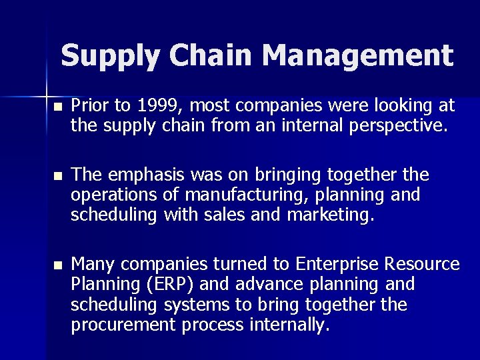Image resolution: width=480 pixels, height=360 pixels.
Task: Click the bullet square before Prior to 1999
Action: tap(58, 106)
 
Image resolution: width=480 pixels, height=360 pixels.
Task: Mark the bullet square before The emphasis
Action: tap(58, 176)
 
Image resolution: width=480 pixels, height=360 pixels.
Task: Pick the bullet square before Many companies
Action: tap(58, 265)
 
